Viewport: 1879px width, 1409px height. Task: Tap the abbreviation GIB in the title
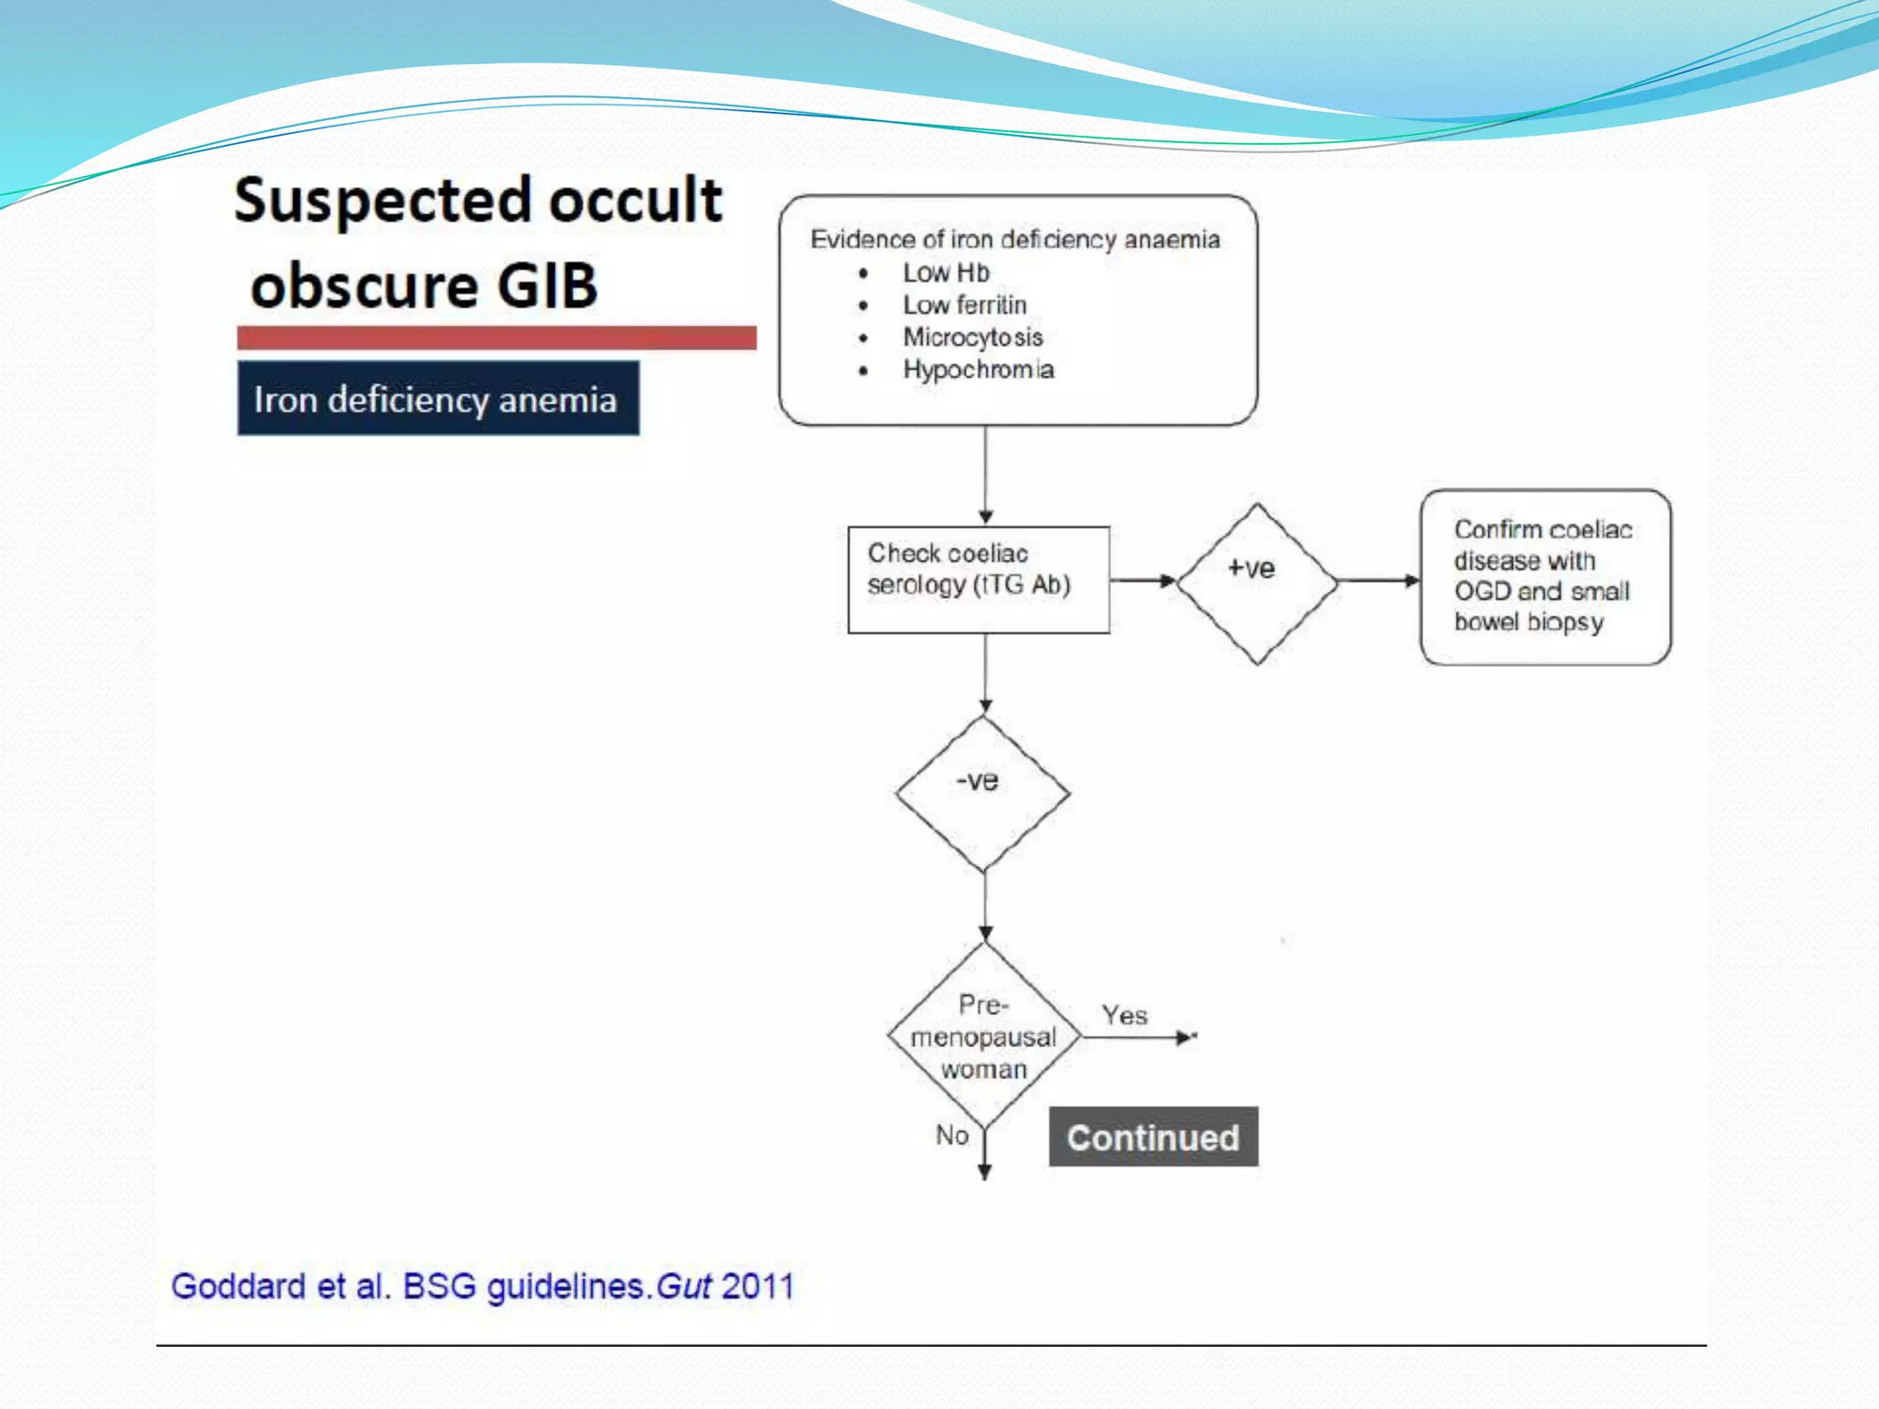[x=547, y=285]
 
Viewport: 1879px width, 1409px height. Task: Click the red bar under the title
[x=496, y=338]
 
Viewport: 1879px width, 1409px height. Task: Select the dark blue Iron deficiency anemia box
[x=438, y=399]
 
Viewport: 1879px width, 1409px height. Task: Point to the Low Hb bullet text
[x=945, y=272]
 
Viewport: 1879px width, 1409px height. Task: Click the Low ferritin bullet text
[x=963, y=305]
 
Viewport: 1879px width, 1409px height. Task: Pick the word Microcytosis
[x=973, y=337]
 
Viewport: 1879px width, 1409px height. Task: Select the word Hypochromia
[x=978, y=369]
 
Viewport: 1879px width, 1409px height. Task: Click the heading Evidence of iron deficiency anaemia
[x=1015, y=239]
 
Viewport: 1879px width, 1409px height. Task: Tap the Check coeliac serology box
[x=978, y=579]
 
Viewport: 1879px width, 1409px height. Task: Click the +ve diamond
[x=1256, y=581]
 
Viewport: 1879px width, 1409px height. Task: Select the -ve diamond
[x=983, y=793]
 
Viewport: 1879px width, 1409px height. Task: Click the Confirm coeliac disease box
[x=1545, y=577]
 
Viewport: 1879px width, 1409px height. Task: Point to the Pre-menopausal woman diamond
[x=984, y=1037]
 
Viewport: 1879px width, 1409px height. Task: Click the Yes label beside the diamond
[x=1124, y=1015]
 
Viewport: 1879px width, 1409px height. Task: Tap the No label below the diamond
[x=951, y=1135]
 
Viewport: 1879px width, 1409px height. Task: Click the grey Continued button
[x=1153, y=1137]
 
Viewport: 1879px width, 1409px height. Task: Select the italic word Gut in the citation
[x=684, y=1286]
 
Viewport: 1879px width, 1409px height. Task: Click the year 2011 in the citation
[x=758, y=1286]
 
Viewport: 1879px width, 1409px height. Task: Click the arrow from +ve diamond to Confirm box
[x=1377, y=581]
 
